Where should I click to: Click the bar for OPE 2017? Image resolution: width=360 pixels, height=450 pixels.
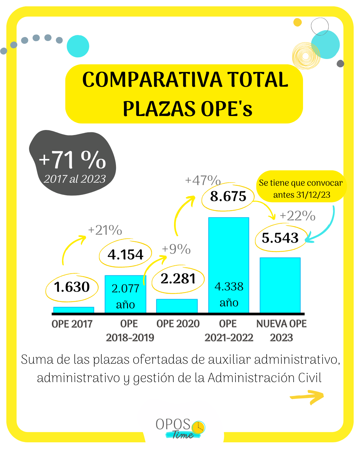point(74,310)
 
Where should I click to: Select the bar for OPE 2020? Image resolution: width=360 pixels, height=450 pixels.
point(177,306)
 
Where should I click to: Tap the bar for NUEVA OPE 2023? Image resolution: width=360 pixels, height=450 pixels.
point(280,285)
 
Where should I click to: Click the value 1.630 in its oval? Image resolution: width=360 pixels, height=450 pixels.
point(72,287)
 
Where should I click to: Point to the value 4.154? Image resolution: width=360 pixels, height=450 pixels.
point(125,255)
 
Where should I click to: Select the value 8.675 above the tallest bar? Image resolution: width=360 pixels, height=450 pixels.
point(228,196)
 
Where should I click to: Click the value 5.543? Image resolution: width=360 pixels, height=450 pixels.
point(280,238)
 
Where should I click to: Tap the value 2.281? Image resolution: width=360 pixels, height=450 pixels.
point(178,279)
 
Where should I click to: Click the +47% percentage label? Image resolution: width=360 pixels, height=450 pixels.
point(203,180)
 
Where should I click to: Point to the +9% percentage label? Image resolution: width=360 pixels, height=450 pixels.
point(176,249)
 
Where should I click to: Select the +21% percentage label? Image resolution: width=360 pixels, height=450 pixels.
point(105,230)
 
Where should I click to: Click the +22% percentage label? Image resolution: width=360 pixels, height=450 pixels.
point(297,216)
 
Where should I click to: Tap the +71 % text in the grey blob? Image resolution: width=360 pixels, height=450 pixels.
point(72,160)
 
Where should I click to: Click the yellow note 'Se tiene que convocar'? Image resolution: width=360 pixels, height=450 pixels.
point(301,188)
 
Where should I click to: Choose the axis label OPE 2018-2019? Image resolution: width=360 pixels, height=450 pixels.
point(130,330)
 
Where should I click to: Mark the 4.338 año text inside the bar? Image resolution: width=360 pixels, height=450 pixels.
point(229,294)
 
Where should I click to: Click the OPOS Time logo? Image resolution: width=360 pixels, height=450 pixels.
point(180,428)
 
